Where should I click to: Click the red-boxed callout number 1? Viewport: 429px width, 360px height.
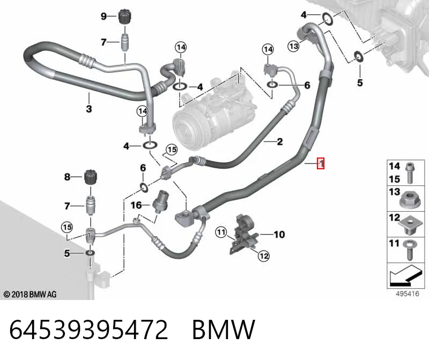(321, 163)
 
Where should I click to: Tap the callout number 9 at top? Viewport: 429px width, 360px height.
(103, 16)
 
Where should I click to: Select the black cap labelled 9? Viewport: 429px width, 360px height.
(125, 17)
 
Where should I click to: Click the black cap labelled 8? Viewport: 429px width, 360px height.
(90, 177)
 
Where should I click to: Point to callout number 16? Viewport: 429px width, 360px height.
(136, 205)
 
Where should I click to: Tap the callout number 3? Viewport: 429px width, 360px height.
(89, 109)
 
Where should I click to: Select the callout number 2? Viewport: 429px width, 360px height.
(279, 141)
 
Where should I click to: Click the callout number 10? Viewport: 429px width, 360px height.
(279, 234)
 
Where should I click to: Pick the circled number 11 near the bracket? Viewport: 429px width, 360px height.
(221, 232)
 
